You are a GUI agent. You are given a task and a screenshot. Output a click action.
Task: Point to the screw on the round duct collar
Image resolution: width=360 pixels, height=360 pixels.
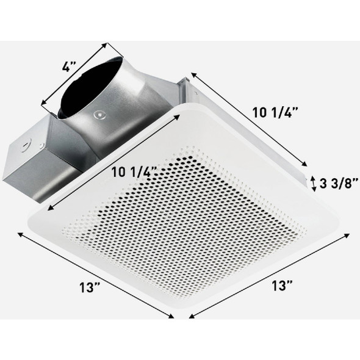point(96,113)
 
